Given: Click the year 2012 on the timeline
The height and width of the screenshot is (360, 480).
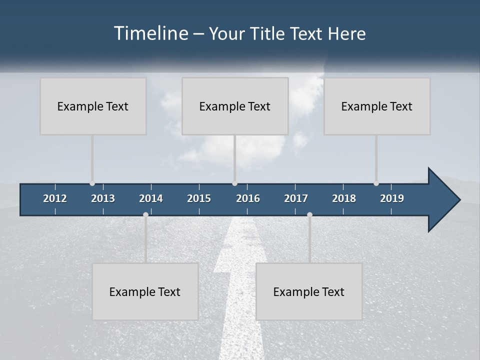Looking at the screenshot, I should point(55,198).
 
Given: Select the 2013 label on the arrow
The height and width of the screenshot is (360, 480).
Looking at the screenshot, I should point(103,198).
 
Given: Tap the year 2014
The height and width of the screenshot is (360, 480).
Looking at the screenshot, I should point(151,198).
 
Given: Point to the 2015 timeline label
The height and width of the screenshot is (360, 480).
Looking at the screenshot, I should point(199,198).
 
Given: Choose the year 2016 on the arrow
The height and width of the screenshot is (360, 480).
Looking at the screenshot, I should point(248,198).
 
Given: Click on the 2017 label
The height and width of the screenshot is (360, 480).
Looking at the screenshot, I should point(296,198).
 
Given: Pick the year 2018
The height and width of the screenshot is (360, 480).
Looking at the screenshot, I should point(344,198).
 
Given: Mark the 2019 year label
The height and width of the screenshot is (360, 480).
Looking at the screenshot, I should point(392,198).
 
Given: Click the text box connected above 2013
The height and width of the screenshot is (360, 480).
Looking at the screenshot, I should point(93,106).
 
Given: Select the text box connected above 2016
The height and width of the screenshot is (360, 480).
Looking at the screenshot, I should point(235,106).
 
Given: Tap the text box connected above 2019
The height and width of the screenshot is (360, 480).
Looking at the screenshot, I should point(377,106).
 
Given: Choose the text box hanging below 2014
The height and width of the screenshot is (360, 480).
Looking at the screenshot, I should point(145,291).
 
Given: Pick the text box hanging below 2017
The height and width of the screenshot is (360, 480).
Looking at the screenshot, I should point(309,291).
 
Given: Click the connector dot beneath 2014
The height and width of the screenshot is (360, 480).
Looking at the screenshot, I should point(145,214).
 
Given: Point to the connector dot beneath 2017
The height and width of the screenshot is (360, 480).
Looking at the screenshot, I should point(309,214).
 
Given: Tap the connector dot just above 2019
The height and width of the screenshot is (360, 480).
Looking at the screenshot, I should point(376,183).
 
